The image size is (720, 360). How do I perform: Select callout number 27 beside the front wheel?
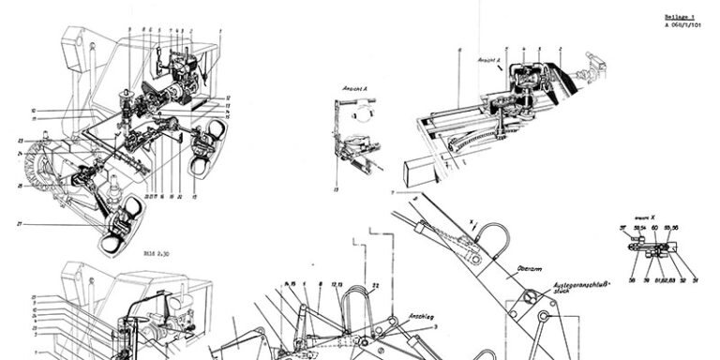20,224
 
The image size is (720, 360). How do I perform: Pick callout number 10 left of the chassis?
32,110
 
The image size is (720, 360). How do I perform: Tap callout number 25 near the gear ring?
20,186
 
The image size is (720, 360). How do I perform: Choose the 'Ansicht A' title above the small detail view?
353,88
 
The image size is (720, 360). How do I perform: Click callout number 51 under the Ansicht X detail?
696,279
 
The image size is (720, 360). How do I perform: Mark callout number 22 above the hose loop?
374,285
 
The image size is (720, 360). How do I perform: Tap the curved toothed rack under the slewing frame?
459,146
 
